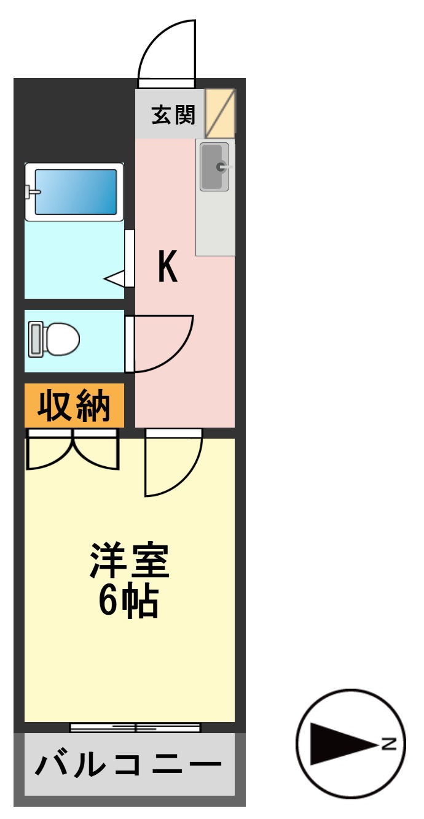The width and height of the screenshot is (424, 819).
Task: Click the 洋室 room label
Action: (130, 560)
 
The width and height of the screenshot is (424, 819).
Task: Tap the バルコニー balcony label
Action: (128, 764)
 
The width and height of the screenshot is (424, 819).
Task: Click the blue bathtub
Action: (76, 191)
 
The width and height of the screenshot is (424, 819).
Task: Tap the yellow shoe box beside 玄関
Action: (219, 114)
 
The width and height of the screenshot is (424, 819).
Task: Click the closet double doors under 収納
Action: (72, 451)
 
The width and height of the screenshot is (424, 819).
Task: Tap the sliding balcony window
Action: (135, 728)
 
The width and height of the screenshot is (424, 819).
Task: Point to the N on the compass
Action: (389, 744)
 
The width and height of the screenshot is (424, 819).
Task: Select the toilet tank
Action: (35, 339)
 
